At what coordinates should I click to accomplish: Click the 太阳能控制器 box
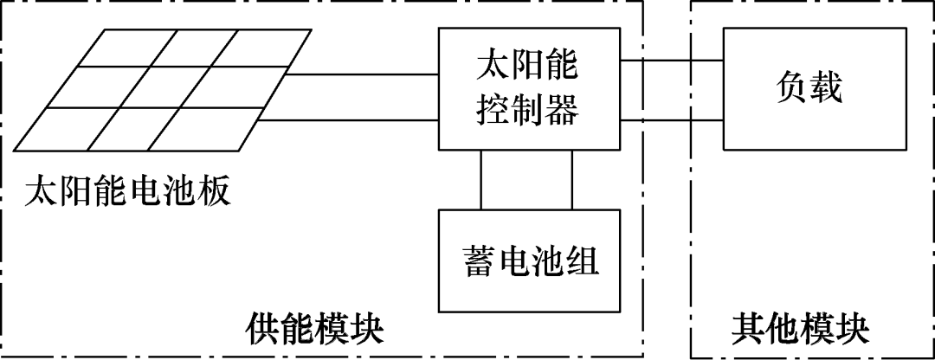pos(529,87)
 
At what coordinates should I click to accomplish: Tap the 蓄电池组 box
pos(530,260)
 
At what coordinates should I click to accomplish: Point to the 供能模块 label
pos(315,330)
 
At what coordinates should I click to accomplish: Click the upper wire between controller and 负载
pos(672,61)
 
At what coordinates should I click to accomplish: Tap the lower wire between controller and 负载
pos(672,120)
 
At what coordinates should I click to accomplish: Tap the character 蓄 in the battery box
pos(479,260)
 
